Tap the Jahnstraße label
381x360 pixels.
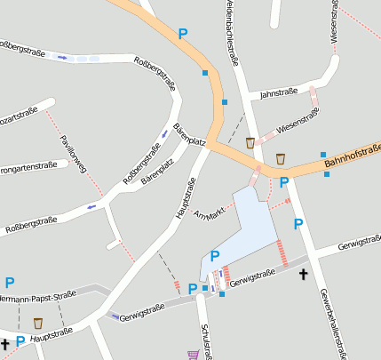click(278, 92)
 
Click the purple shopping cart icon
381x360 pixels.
click(193, 355)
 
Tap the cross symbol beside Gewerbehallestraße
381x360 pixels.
click(304, 275)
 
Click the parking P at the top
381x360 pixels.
click(183, 34)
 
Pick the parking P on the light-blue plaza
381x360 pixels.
click(215, 257)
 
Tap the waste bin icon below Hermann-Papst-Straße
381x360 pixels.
click(38, 323)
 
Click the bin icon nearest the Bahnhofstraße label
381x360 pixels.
click(281, 158)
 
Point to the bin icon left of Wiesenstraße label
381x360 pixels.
click(251, 141)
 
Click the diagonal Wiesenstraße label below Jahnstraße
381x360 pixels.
click(298, 122)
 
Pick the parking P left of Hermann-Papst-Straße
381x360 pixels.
click(9, 283)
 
